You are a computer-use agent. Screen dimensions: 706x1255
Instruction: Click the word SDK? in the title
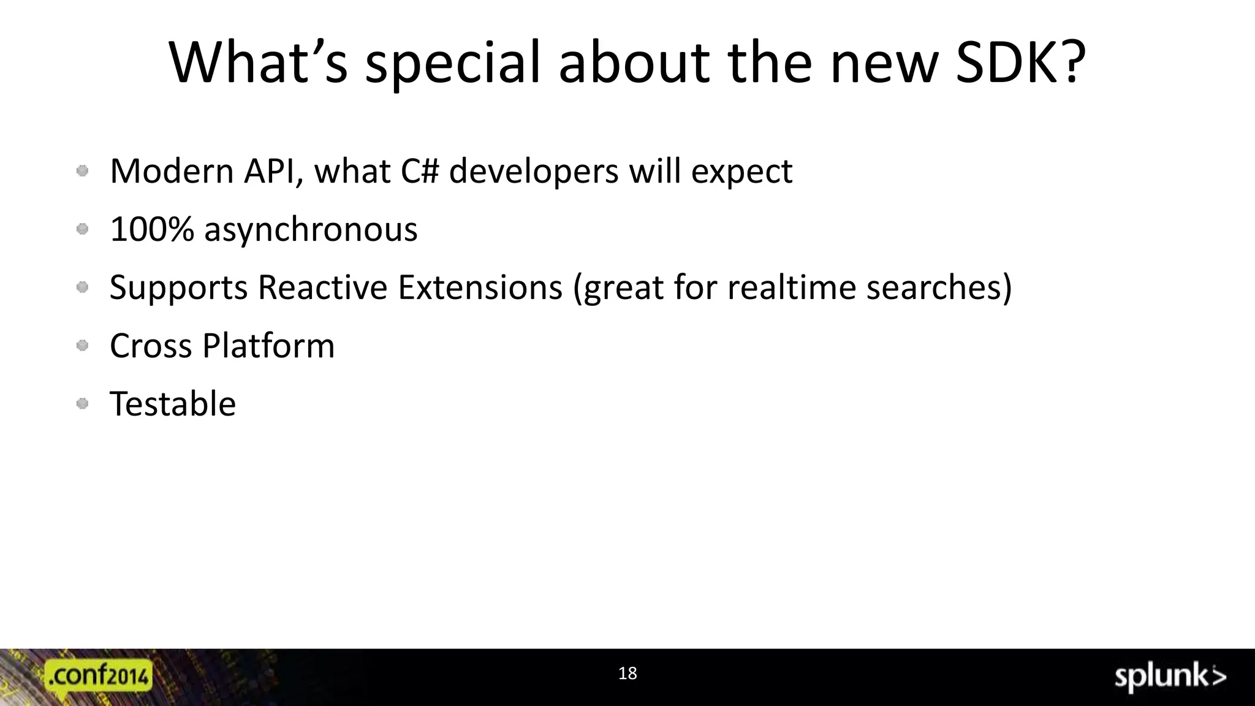[x=1021, y=63]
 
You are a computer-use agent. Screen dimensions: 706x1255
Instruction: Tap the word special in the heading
[x=453, y=64]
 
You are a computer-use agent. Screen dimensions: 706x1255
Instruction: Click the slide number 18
[x=627, y=674]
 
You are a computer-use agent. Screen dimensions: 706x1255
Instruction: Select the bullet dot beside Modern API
[x=83, y=171]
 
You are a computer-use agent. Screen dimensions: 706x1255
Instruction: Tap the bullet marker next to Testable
[x=83, y=403]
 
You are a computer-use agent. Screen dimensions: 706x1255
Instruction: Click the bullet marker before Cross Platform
[x=83, y=346]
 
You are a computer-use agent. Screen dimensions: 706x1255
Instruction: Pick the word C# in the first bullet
[x=420, y=171]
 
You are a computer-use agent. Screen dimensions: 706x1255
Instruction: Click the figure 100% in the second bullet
[x=152, y=230]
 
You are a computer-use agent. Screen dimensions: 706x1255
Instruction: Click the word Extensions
[x=480, y=287]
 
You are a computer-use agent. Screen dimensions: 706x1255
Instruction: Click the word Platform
[x=268, y=346]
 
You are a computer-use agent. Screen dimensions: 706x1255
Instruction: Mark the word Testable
[x=173, y=404]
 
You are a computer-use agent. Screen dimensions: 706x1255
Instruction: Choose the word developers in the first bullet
[x=534, y=172]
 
